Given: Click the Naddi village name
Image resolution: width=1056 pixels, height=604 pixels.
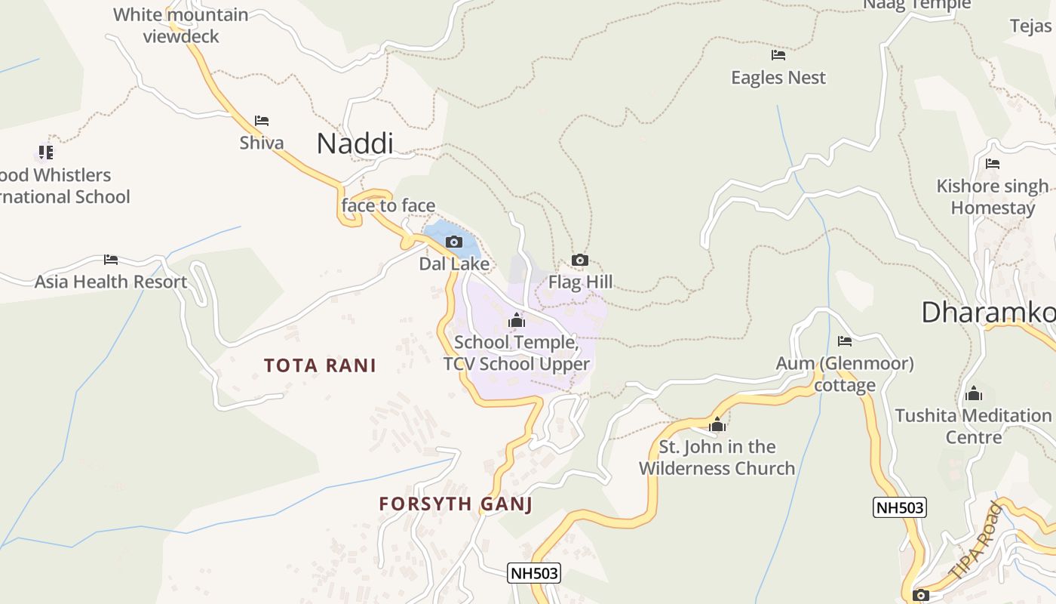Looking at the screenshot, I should (x=355, y=143).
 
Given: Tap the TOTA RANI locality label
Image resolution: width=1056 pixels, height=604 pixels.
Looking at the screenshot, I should (x=320, y=365).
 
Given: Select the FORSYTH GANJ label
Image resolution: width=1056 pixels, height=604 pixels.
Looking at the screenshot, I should (x=456, y=504).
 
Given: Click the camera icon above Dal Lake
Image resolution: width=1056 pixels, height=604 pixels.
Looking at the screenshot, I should (x=453, y=242).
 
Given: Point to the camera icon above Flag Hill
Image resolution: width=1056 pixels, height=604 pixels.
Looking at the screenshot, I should (x=579, y=260).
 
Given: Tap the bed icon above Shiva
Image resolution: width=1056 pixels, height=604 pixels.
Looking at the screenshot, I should (x=262, y=121).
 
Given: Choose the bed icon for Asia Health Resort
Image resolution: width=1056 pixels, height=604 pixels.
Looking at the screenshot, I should (x=111, y=260).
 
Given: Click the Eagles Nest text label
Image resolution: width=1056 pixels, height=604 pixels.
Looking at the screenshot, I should (x=778, y=78).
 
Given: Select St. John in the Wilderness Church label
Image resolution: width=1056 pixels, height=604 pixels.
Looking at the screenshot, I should (x=717, y=458).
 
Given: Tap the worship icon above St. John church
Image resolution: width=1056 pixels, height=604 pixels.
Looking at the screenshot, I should (x=717, y=425).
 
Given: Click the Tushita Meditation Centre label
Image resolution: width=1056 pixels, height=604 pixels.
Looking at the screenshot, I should (x=973, y=426).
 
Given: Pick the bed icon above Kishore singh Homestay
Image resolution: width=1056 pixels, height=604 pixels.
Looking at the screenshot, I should (x=993, y=164).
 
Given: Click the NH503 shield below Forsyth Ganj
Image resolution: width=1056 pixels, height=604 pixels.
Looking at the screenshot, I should (x=534, y=573).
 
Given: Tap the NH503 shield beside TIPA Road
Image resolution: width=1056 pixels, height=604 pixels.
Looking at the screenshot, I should (x=899, y=507).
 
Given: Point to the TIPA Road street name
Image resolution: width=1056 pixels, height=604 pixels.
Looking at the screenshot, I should (x=977, y=541).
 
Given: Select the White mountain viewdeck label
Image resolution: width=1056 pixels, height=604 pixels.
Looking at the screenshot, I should (x=181, y=25).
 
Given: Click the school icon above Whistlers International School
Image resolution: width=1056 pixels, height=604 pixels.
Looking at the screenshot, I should (x=46, y=153).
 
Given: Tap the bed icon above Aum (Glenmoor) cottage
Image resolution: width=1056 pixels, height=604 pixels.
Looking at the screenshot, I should (x=845, y=341).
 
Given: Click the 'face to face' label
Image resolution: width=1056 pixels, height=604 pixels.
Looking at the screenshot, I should (x=388, y=205).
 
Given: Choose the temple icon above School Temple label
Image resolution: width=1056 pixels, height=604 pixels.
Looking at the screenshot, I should (x=517, y=322).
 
